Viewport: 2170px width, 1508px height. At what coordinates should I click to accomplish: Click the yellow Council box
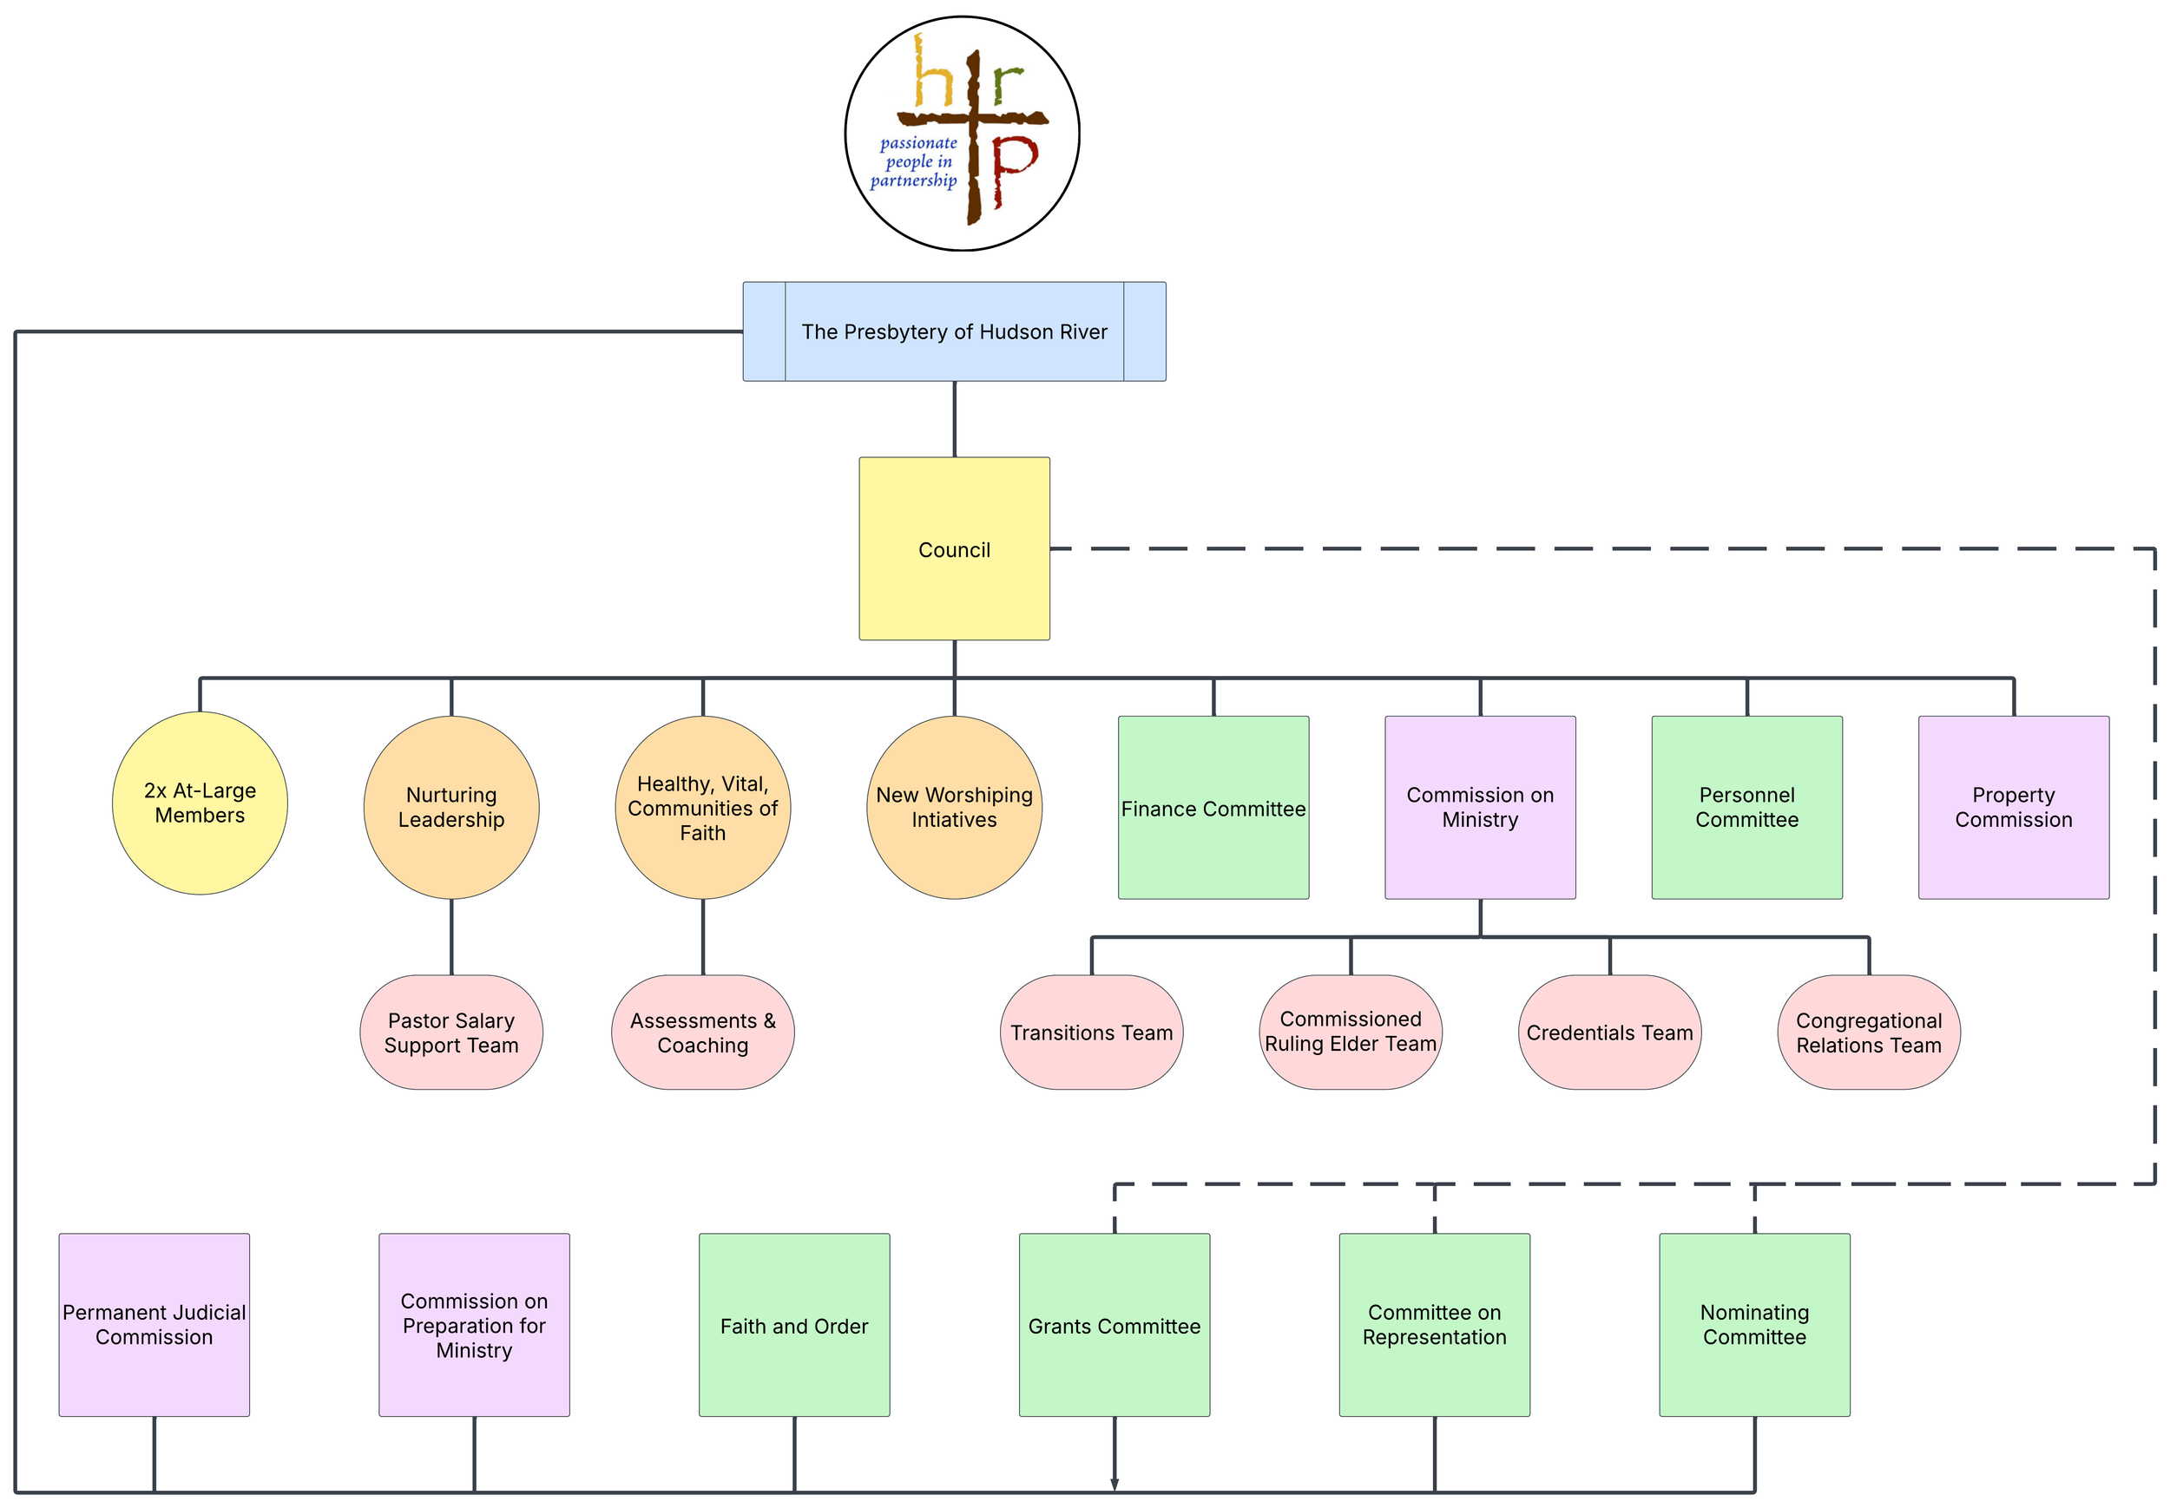coord(954,549)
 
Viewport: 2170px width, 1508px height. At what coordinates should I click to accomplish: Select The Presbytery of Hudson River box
coord(954,331)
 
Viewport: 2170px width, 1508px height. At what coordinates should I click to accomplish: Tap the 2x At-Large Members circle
coord(200,803)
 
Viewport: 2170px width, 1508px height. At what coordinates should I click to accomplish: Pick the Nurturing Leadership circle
coord(450,807)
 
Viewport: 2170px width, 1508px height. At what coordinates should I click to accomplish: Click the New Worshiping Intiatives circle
coord(954,807)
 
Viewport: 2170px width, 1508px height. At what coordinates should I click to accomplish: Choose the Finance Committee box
coord(1213,807)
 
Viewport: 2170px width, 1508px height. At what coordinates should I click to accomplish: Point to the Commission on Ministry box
coord(1479,807)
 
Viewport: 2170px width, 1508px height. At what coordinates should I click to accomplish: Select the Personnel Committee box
coord(1746,807)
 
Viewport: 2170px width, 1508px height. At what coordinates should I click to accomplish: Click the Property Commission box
coord(2013,807)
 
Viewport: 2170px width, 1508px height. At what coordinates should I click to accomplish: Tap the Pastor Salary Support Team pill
coord(450,1032)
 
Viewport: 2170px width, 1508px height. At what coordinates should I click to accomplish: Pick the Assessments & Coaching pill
coord(702,1032)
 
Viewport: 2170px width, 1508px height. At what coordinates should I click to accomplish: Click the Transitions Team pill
coord(1091,1032)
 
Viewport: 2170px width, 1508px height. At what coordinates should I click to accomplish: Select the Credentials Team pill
coord(1608,1032)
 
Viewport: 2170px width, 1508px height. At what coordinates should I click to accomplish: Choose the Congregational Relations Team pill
coord(1868,1032)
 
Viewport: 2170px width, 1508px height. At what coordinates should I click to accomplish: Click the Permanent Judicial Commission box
coord(154,1324)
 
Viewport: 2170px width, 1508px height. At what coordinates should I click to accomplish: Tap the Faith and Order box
coord(794,1324)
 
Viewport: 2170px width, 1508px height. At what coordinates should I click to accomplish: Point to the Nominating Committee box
coord(1754,1324)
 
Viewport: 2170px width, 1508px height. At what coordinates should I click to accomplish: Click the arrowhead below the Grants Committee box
coord(1115,1484)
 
